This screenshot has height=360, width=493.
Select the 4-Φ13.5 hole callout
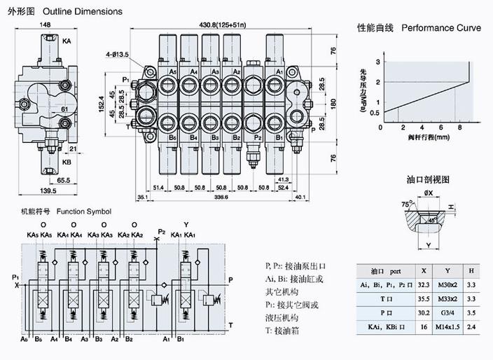[x=117, y=53]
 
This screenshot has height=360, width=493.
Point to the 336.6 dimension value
[x=221, y=198]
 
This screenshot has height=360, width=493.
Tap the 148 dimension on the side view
[x=46, y=25]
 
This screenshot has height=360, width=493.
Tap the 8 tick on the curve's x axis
[x=459, y=127]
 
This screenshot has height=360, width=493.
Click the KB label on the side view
[x=67, y=162]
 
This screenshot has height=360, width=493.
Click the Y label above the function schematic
[x=185, y=224]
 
